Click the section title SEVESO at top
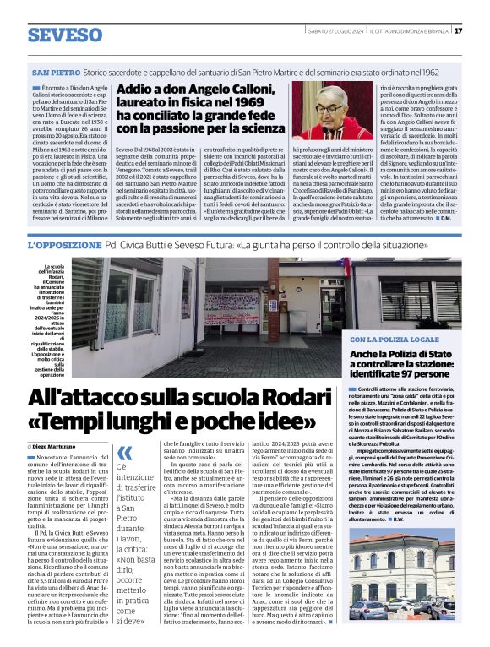64,35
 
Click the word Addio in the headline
140,90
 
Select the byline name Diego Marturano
55,444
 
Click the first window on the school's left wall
117,301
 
